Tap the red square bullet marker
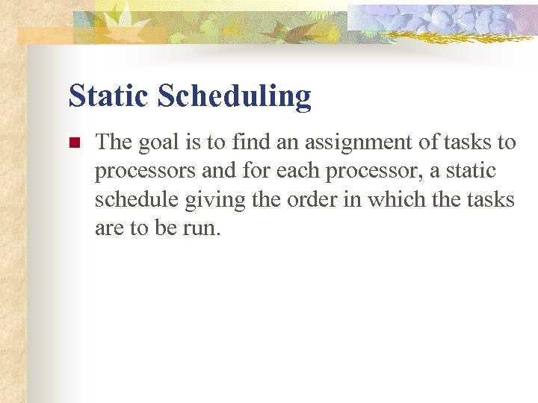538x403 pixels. pos(73,143)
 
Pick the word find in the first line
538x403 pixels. pos(250,141)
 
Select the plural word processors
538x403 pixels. pos(145,171)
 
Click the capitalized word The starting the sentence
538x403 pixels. pos(112,141)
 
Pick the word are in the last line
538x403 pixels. pos(109,228)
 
